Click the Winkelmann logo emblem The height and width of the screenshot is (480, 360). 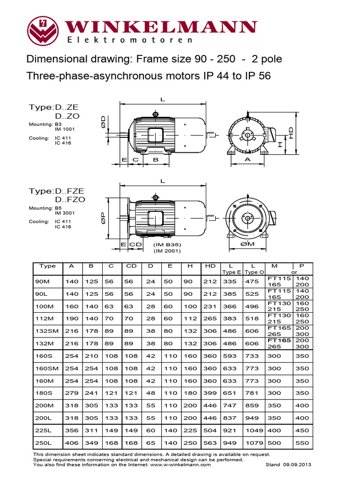pyautogui.click(x=45, y=30)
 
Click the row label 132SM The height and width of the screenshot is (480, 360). pyautogui.click(x=48, y=331)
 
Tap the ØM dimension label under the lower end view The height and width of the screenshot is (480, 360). pyautogui.click(x=247, y=244)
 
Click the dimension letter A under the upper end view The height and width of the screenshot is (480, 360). pyautogui.click(x=247, y=159)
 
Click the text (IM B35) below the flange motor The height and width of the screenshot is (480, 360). pyautogui.click(x=167, y=245)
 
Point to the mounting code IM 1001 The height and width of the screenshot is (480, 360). pyautogui.click(x=65, y=129)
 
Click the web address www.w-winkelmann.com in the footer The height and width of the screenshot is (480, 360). pyautogui.click(x=175, y=465)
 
